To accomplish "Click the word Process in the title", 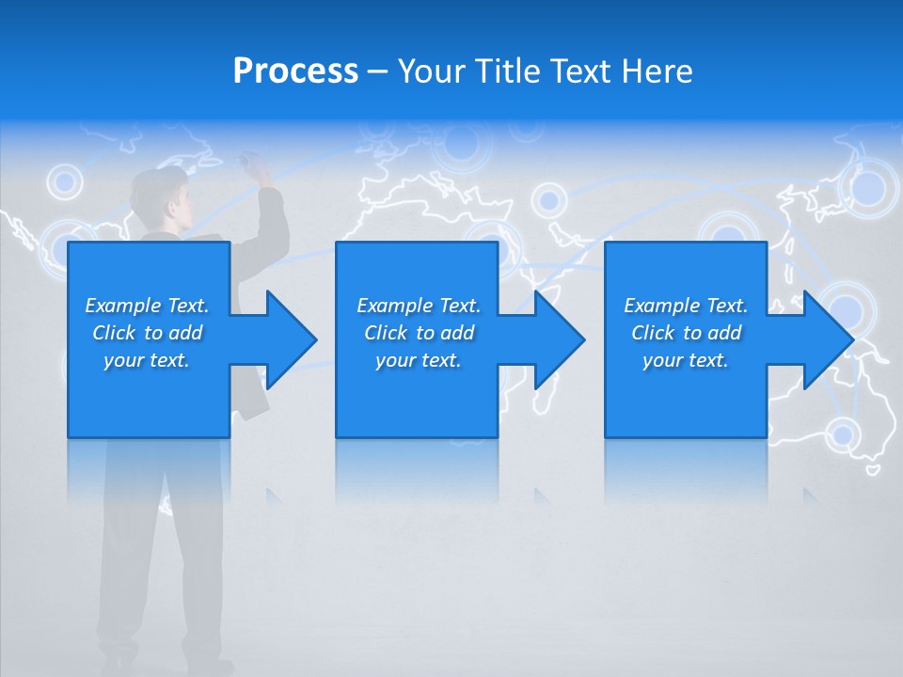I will (295, 71).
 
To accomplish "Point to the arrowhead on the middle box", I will (558, 339).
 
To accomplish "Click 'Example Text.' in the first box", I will (147, 306).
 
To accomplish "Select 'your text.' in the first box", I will (147, 360).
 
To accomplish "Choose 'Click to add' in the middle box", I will (419, 333).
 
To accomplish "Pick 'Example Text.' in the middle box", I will (419, 306).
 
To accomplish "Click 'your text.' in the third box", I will (686, 360).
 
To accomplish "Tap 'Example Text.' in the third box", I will (686, 306).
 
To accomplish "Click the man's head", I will (160, 193).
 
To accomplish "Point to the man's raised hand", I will (256, 169).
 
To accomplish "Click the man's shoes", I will (165, 664).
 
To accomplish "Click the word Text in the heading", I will (577, 71).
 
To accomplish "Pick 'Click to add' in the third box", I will (686, 333).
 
